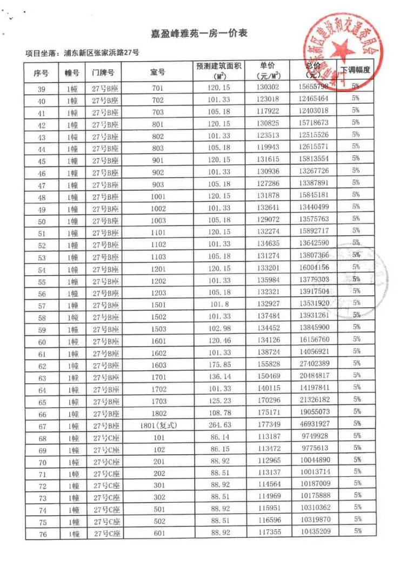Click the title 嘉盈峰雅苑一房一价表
[199, 34]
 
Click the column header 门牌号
[102, 72]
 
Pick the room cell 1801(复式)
[158, 424]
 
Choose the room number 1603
[158, 365]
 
